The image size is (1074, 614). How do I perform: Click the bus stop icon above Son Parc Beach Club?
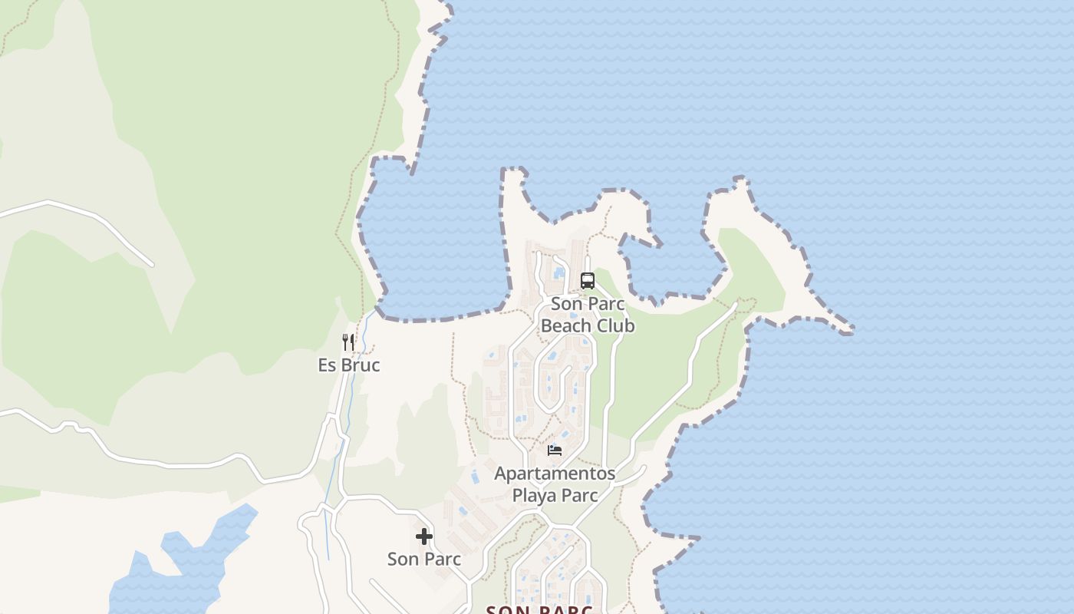[x=588, y=281]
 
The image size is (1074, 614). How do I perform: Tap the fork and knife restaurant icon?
[x=348, y=342]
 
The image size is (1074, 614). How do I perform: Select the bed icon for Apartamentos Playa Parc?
[x=555, y=450]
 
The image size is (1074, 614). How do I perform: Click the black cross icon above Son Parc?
[x=424, y=536]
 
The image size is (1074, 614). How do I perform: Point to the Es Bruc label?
[x=349, y=365]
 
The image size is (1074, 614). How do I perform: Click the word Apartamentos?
[x=555, y=474]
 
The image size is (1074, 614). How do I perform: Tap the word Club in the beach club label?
[x=611, y=326]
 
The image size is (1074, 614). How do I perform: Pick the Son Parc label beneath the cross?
[x=424, y=560]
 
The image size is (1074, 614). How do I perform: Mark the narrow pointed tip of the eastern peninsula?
[x=848, y=330]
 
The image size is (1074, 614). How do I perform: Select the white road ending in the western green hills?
[x=100, y=223]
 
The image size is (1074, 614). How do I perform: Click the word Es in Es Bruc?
[x=327, y=365]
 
